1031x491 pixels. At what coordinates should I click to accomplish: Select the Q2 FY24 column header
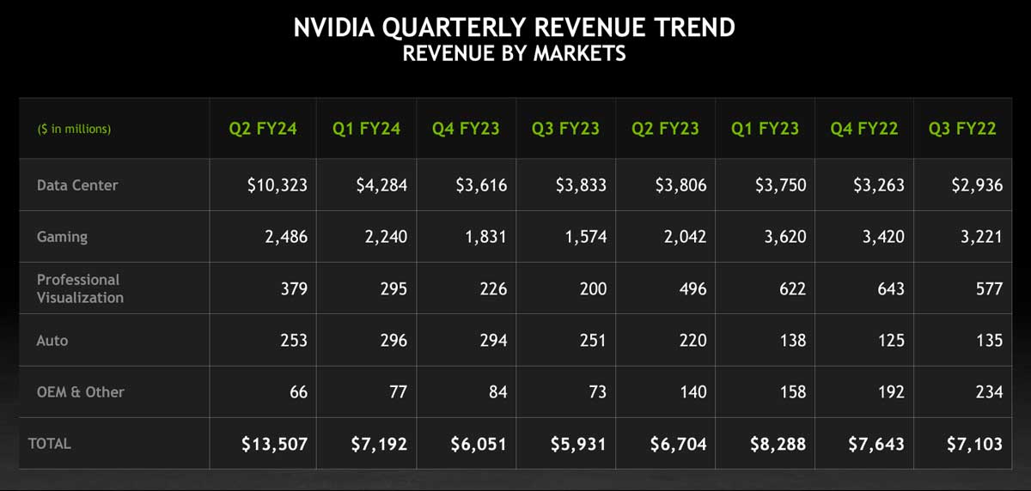(263, 129)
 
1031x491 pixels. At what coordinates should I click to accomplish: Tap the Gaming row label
(62, 237)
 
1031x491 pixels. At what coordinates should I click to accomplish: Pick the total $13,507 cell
(273, 444)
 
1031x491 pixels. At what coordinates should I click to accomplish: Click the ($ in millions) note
(74, 129)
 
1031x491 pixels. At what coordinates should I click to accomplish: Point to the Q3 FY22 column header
(962, 129)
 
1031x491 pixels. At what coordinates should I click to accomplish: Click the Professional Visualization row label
(80, 288)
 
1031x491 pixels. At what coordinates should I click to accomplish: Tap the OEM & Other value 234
(989, 392)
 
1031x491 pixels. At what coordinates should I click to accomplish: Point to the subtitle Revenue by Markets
(514, 53)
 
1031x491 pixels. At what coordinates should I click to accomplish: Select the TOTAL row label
(50, 444)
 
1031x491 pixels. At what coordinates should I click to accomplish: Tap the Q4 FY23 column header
(466, 129)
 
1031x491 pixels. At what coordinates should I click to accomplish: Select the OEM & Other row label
(81, 392)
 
